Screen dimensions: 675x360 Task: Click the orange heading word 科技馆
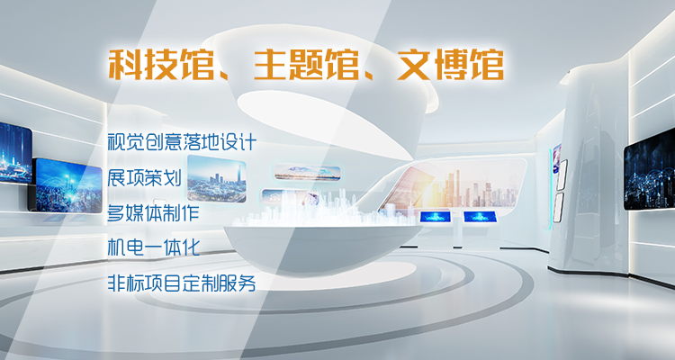point(161,65)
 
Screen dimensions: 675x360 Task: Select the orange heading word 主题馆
point(306,65)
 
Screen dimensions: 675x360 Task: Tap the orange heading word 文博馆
point(450,65)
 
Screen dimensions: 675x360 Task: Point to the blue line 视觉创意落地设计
point(182,141)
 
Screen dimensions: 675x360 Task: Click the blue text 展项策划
point(144,177)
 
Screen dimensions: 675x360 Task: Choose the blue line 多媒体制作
point(153,212)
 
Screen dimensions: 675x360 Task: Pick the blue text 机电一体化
point(153,247)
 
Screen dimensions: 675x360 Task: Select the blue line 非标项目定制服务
point(182,283)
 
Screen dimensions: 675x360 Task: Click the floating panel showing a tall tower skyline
point(217,179)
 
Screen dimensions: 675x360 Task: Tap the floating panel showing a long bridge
point(308,172)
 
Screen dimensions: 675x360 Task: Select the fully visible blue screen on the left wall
point(66,185)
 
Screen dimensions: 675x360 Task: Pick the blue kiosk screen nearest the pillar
point(480,216)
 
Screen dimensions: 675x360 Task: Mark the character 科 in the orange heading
point(125,65)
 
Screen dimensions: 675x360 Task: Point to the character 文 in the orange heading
point(414,65)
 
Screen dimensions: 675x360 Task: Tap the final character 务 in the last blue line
point(247,283)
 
